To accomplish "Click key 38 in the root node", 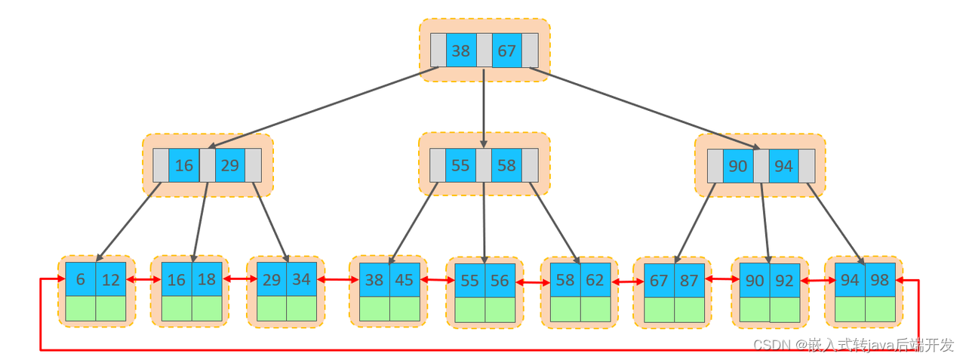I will point(461,51).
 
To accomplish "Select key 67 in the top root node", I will point(507,51).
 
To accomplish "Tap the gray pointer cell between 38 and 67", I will point(485,51).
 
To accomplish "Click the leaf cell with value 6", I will point(81,279).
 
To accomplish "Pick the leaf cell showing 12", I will point(111,279).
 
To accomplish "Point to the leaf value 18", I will point(207,279).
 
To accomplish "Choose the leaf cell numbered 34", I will point(301,279).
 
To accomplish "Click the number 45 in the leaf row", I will point(405,280).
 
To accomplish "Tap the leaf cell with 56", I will point(500,281).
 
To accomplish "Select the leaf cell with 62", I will point(595,280).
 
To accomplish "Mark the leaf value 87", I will point(689,280).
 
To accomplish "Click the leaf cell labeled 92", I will point(784,280).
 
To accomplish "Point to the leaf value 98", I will point(880,279).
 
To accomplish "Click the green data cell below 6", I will point(81,309).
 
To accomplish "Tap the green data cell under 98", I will point(880,309).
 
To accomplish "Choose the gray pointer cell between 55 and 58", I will point(484,165).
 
